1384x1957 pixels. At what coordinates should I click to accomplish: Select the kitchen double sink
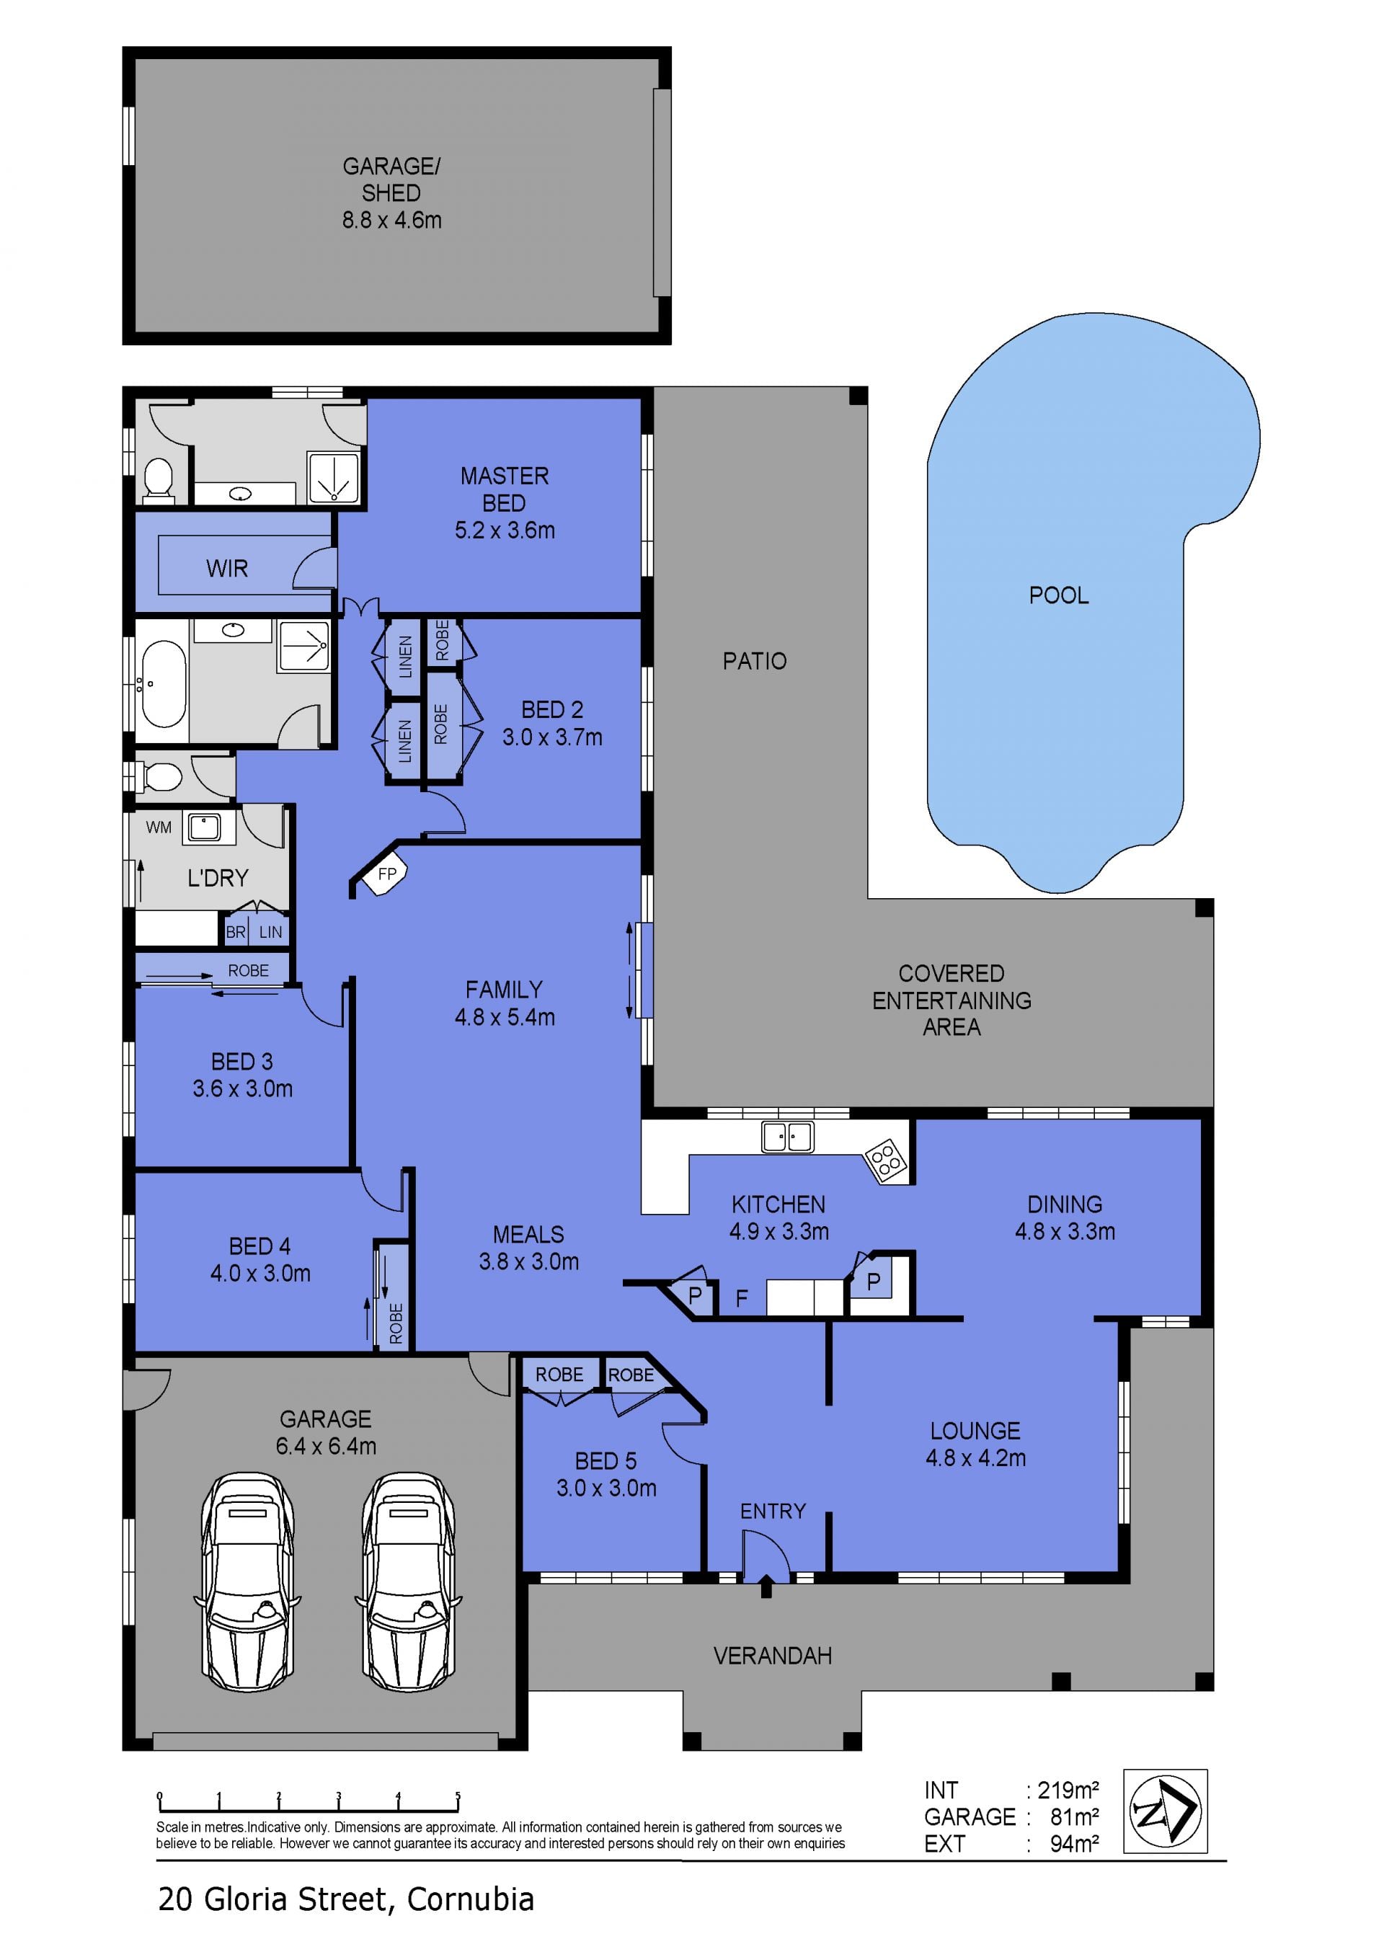click(787, 1137)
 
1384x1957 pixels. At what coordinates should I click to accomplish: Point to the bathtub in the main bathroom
click(163, 683)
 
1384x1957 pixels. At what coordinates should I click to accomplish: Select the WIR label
click(226, 569)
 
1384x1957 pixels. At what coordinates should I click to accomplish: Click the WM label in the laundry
click(159, 827)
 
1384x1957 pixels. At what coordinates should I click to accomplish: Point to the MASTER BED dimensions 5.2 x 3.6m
click(505, 531)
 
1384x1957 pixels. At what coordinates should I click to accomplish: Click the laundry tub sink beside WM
click(205, 827)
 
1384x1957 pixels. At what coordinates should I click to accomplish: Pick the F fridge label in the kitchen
click(742, 1298)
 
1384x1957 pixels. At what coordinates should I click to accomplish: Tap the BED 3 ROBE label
click(248, 970)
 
